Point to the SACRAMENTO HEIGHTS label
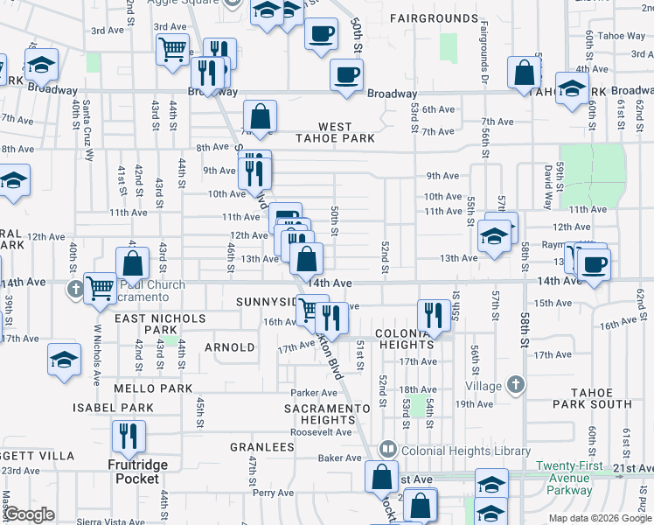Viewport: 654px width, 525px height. [x=331, y=414]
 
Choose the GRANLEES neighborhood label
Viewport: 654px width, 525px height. [x=261, y=447]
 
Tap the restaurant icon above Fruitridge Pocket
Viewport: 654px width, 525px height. [x=129, y=436]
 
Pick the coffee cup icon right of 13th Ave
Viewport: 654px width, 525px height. [x=594, y=263]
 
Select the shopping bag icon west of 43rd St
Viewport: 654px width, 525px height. [x=132, y=262]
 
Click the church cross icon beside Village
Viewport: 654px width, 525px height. [x=516, y=384]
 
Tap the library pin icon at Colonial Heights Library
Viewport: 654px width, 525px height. [x=386, y=450]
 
